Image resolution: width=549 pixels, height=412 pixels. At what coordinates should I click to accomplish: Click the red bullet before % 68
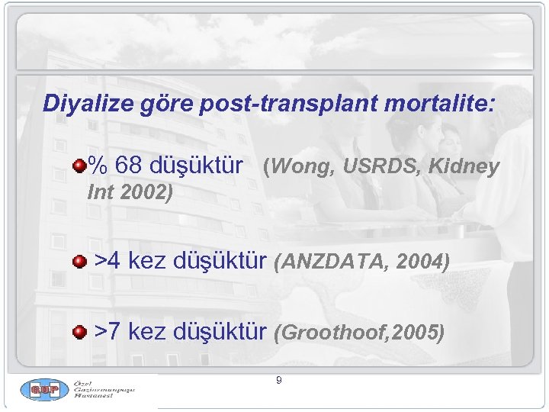pos(79,165)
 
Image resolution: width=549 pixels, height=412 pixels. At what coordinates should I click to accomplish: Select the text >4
pos(108,261)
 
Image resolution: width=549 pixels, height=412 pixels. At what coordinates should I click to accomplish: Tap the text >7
pos(108,332)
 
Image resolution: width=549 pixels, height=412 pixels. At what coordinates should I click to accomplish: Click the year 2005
pos(418,333)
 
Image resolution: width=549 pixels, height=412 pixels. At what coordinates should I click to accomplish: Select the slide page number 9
pos(279,379)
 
